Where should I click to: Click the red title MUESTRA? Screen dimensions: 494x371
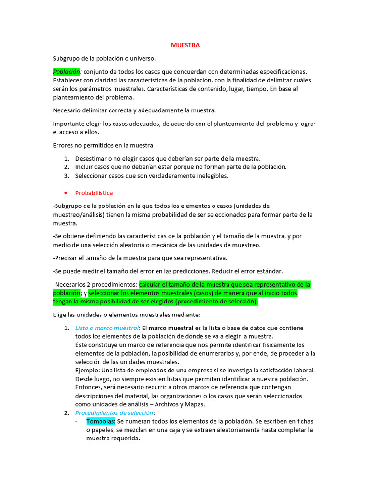[185, 45]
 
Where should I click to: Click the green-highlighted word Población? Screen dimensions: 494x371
[67, 71]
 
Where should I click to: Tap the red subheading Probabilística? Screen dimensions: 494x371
[94, 193]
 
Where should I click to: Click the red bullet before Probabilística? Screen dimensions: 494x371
[66, 193]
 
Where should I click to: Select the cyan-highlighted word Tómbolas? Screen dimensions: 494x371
[101, 422]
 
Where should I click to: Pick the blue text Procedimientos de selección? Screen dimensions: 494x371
[114, 413]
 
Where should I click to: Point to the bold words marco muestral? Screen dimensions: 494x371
[172, 328]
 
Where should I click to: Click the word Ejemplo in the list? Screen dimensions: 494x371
[88, 370]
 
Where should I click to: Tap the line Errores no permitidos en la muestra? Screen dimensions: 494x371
[103, 145]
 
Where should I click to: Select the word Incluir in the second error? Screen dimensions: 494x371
[85, 167]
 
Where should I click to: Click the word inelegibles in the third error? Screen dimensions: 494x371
[210, 176]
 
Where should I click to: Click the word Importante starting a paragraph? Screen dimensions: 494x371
[68, 124]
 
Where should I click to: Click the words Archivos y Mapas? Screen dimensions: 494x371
[182, 404]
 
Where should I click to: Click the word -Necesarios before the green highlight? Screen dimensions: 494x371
[71, 284]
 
